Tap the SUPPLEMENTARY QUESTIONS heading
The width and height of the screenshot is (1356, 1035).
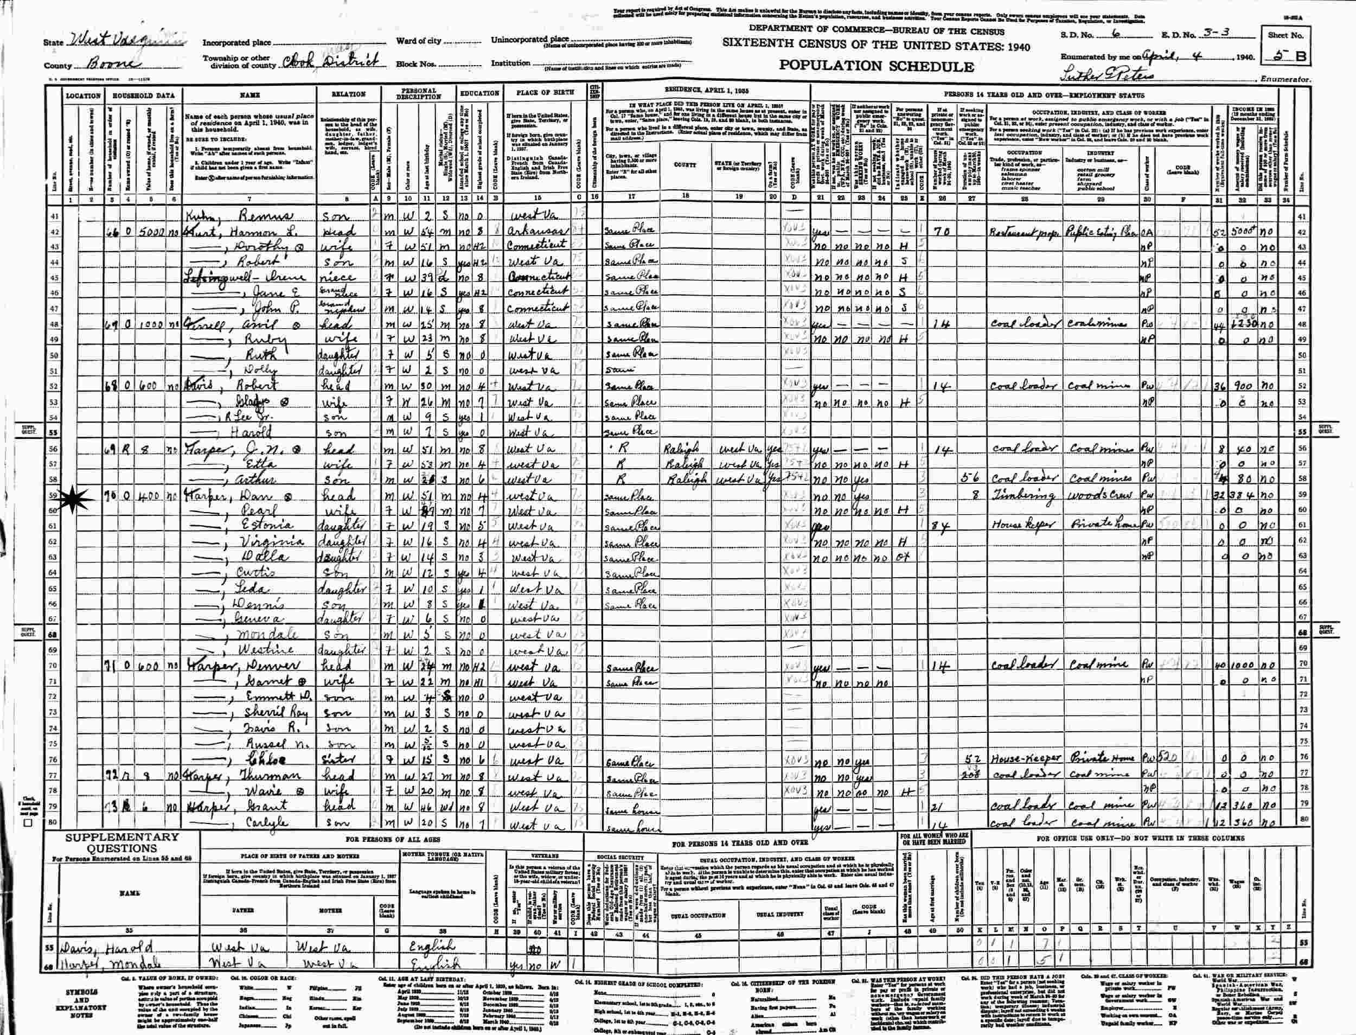[123, 844]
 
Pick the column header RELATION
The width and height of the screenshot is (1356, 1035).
[348, 94]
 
